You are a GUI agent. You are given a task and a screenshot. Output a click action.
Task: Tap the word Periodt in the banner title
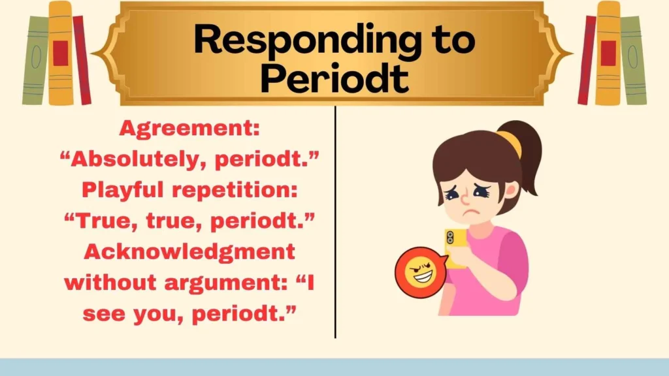334,79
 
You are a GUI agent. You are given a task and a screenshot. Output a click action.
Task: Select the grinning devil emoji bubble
419,272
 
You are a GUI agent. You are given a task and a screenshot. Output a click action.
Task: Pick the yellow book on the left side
61,54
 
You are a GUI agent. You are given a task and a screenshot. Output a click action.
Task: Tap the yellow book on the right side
608,54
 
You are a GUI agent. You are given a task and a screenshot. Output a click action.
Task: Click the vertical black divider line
335,222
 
